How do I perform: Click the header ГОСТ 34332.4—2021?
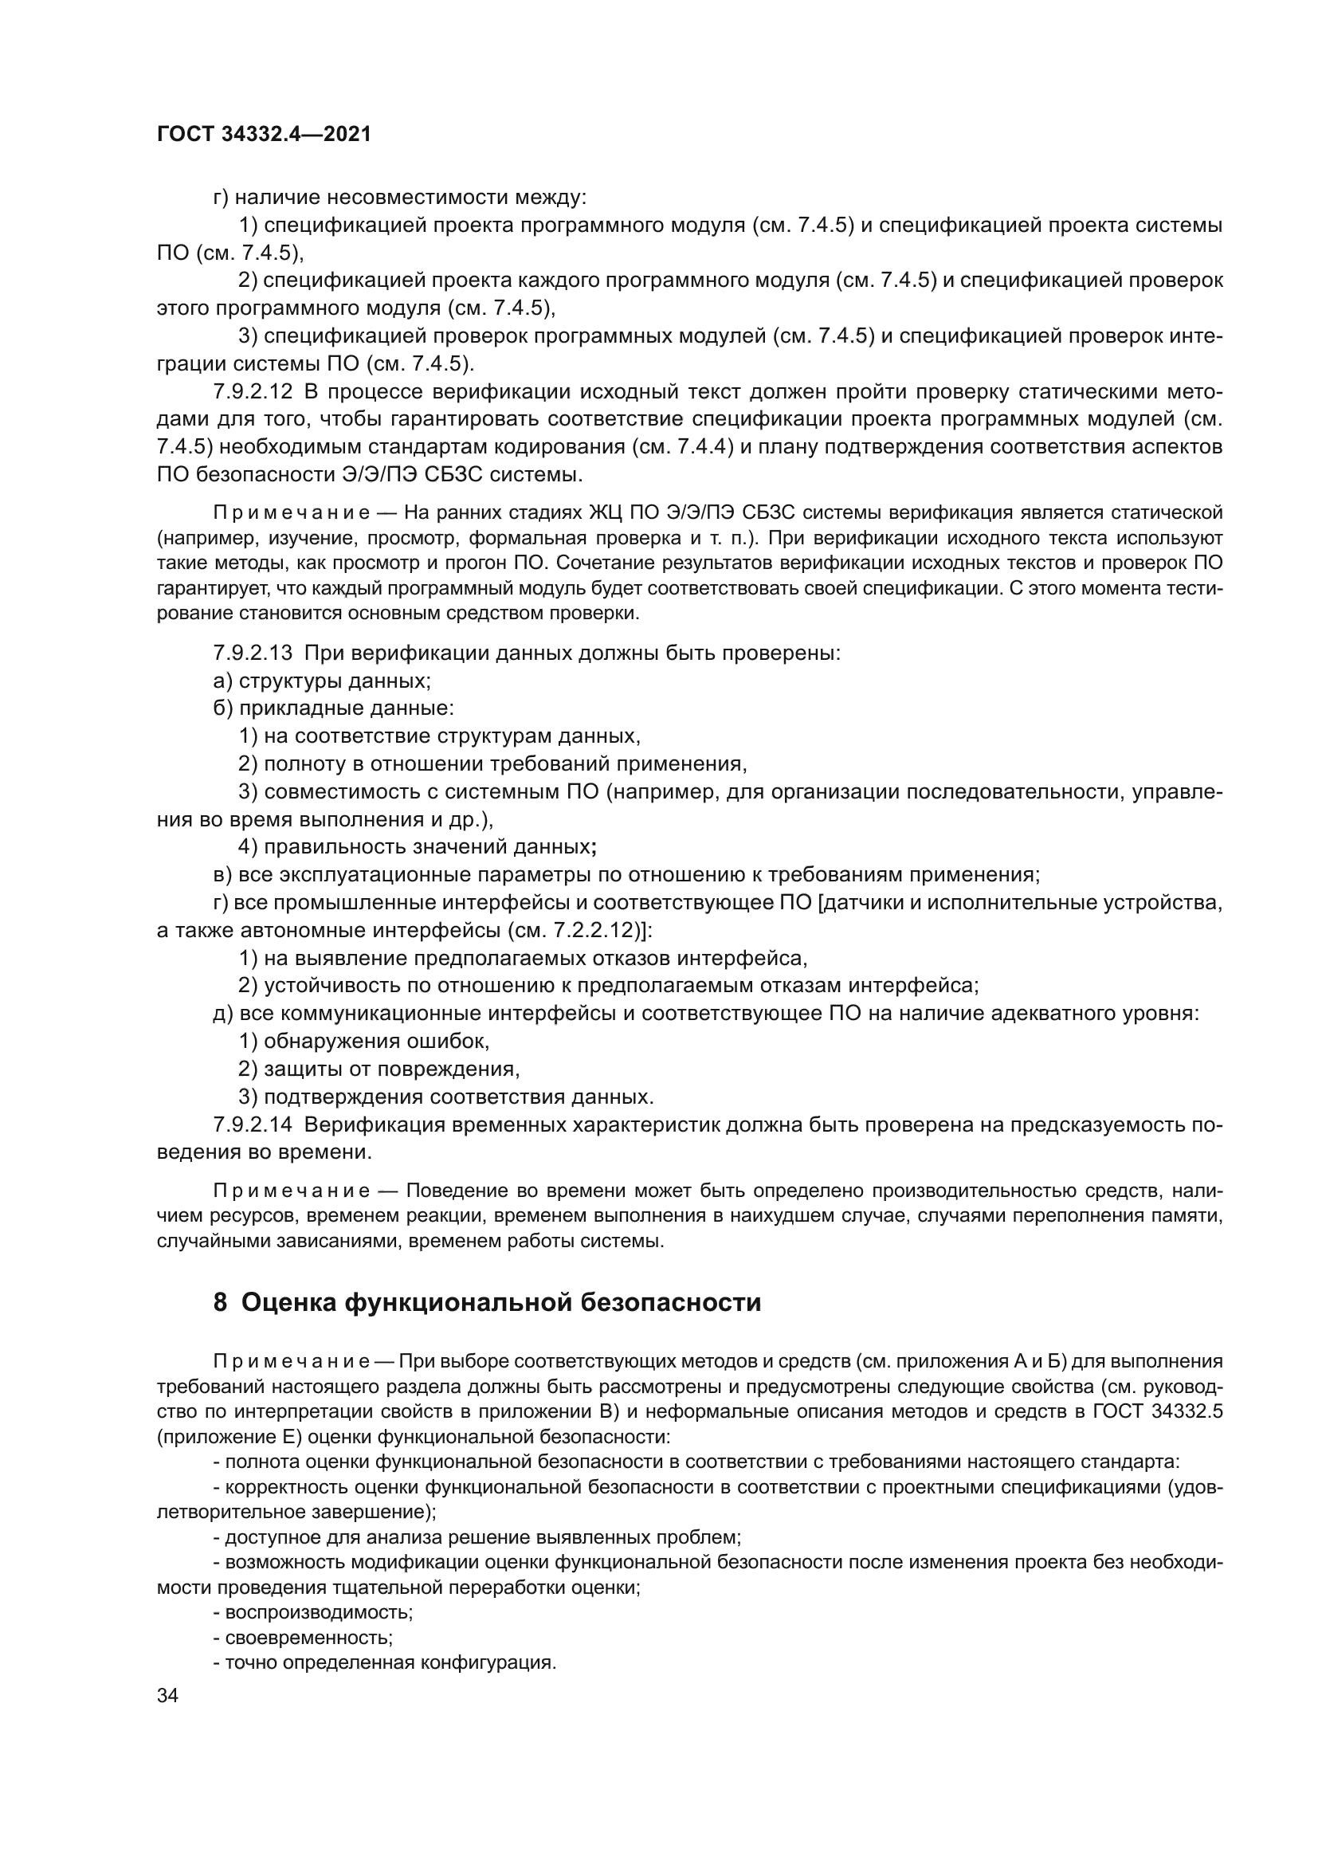pos(264,135)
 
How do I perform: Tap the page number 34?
pos(167,1696)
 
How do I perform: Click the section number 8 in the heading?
pos(220,1303)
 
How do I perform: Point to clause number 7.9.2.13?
pos(253,653)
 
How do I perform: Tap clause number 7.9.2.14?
pos(253,1125)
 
